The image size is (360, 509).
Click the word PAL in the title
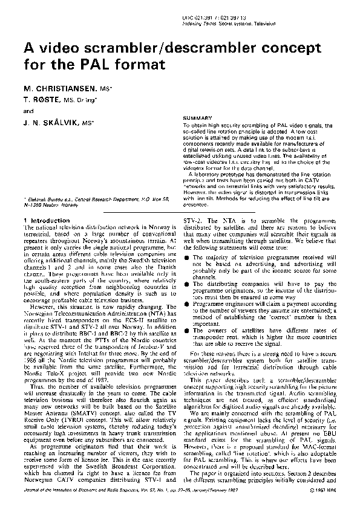coord(80,62)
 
